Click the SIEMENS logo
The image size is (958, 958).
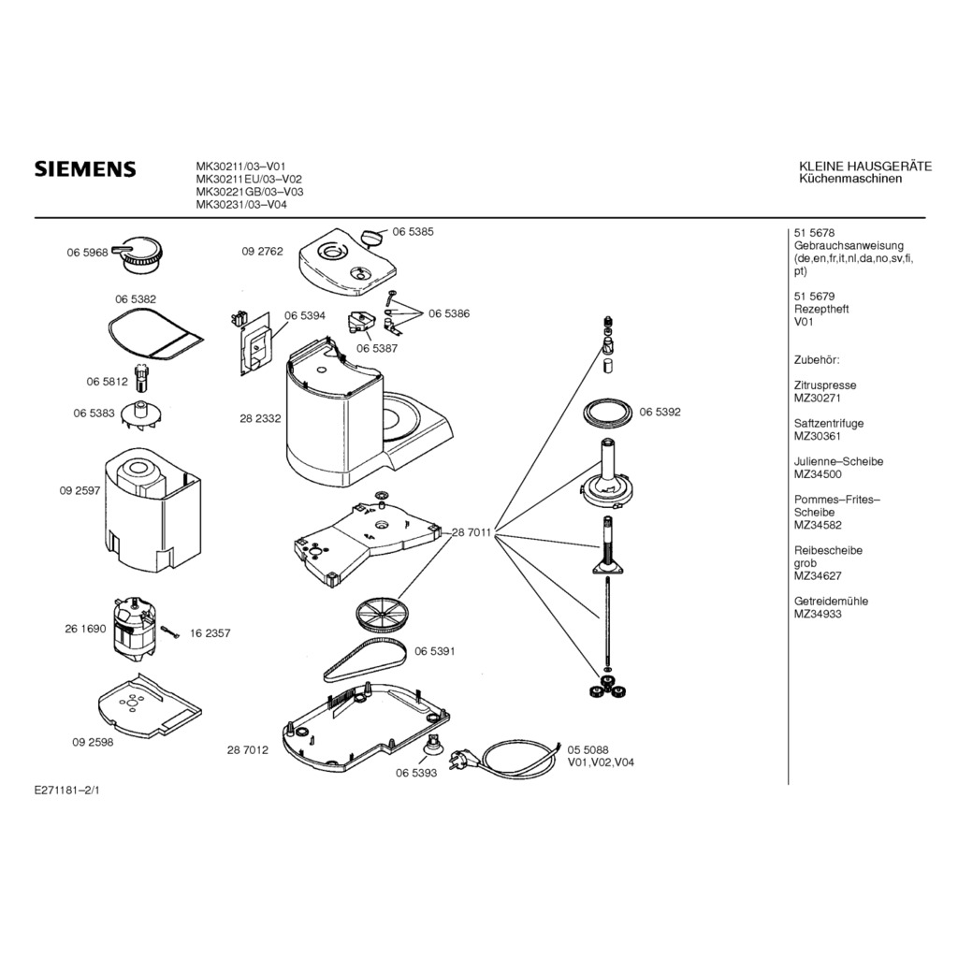tap(85, 169)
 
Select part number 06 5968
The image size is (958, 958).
tap(87, 252)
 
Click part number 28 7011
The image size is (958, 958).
tap(472, 532)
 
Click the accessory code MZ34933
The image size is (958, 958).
tap(818, 614)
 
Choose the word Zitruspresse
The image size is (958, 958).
tap(824, 385)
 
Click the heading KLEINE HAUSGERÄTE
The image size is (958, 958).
tap(865, 167)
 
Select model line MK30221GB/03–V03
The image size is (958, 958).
tap(248, 192)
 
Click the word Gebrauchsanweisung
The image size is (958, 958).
tap(849, 246)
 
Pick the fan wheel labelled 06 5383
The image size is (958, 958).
tap(142, 414)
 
